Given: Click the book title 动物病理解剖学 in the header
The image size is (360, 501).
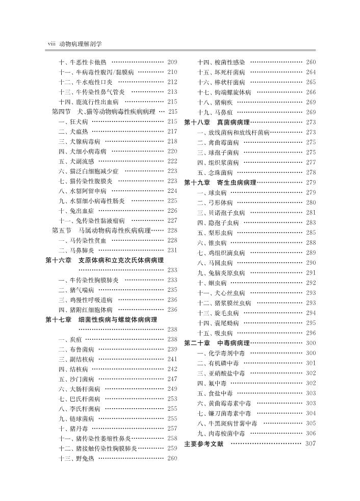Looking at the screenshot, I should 81,44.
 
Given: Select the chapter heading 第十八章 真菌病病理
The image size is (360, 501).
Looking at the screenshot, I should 217,122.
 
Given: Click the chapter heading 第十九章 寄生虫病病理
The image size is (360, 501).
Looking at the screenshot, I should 220,183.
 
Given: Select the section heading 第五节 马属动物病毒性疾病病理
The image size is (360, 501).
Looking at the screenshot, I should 101,231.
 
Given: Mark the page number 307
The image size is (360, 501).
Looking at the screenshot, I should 311,444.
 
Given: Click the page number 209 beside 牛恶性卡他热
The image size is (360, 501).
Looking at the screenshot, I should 172,62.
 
